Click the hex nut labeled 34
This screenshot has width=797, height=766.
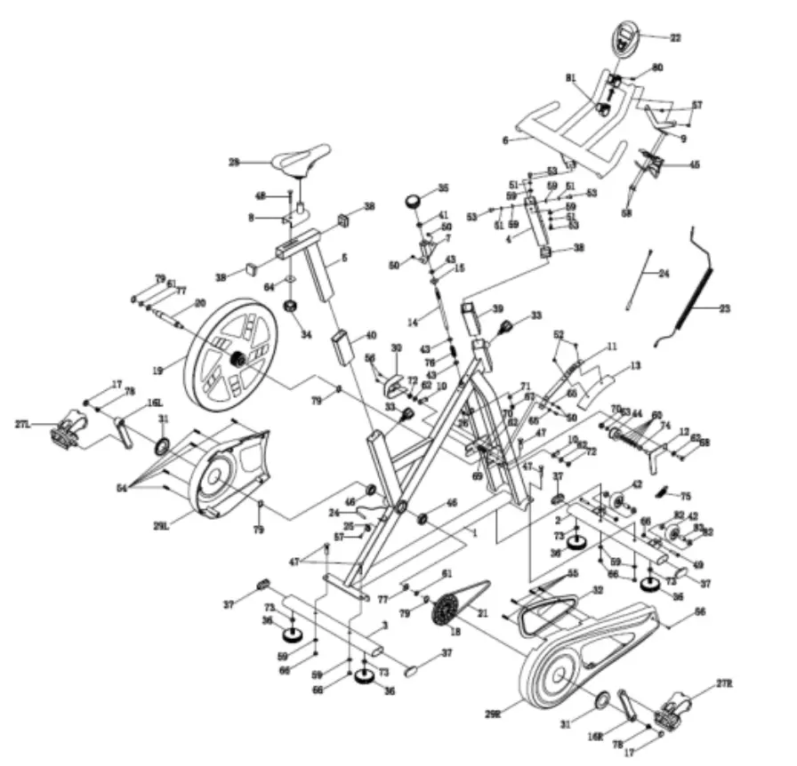coord(290,307)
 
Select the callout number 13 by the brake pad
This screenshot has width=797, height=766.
coord(635,365)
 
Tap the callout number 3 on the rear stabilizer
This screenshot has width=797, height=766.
coord(384,626)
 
